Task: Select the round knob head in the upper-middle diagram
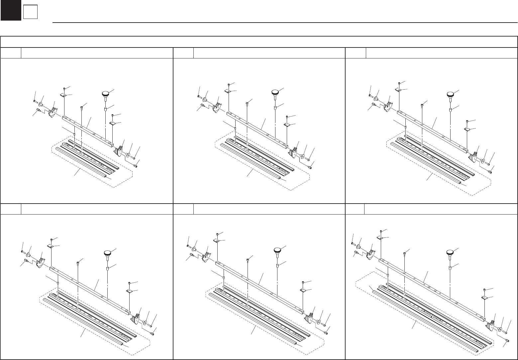tap(275, 92)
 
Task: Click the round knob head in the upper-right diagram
tap(451, 94)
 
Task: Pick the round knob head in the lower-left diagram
tap(108, 253)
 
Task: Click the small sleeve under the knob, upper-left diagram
tap(106, 109)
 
